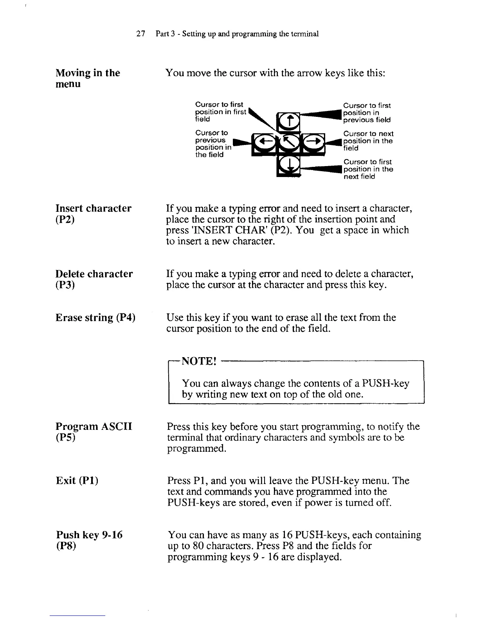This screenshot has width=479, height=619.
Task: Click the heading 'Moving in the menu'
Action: pos(88,78)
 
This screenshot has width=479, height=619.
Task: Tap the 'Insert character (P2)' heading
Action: pos(94,213)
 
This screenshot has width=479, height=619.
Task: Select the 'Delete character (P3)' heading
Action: pos(94,279)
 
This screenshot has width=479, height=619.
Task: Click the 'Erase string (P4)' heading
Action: pos(95,317)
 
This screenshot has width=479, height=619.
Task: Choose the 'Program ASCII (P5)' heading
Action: pos(94,431)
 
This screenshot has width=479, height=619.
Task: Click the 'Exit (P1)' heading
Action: pos(77,480)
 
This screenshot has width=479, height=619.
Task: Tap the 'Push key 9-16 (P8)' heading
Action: pos(89,540)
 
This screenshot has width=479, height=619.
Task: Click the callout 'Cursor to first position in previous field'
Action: pos(367,113)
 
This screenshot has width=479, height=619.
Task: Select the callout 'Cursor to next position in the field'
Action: pos(368,141)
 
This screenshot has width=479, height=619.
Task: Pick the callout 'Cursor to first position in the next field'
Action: pos(368,169)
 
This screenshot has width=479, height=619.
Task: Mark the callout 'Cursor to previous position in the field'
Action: pos(213,144)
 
